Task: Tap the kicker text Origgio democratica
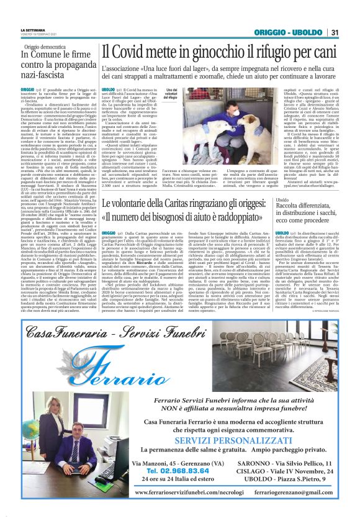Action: [45, 47]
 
